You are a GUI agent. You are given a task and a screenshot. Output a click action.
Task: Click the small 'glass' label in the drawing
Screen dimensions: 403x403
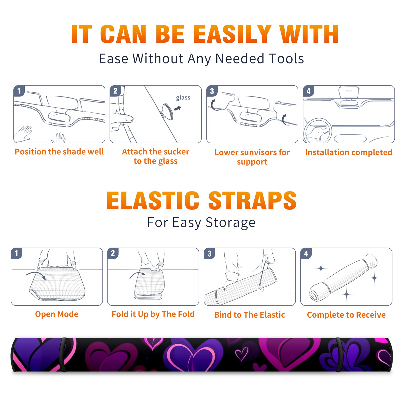(183, 98)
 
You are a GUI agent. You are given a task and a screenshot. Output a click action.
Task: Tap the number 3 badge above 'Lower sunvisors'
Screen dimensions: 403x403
(212, 91)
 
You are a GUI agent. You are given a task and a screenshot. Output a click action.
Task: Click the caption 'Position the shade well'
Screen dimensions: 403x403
(59, 152)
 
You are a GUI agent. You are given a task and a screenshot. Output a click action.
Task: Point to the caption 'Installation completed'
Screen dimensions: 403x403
(349, 152)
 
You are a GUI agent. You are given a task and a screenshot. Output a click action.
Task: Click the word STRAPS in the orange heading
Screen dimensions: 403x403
(252, 200)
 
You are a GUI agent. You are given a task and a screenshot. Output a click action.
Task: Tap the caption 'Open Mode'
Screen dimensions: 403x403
(57, 314)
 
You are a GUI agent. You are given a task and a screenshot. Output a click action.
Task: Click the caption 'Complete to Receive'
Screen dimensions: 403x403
(346, 315)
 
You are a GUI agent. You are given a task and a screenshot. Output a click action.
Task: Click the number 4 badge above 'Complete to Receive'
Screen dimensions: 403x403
(306, 253)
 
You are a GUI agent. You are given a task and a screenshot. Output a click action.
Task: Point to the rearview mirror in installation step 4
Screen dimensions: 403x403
(349, 93)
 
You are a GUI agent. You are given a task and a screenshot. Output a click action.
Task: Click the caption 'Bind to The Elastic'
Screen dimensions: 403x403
(250, 315)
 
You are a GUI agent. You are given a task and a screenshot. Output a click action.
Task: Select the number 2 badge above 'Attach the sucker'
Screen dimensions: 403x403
(115, 91)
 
